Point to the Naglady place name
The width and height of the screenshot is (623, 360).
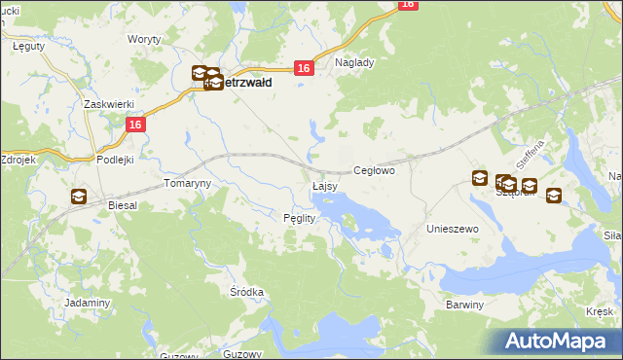pos(354,61)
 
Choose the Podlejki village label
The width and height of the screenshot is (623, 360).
pos(115,159)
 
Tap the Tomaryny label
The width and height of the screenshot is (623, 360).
pos(187,183)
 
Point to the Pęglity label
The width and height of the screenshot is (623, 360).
pos(299,218)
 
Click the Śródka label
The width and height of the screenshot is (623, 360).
pos(247,291)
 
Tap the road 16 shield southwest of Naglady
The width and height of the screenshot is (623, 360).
pos(304,67)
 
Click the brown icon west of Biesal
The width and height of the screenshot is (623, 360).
pos(78,197)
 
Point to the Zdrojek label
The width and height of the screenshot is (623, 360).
pos(18,159)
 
